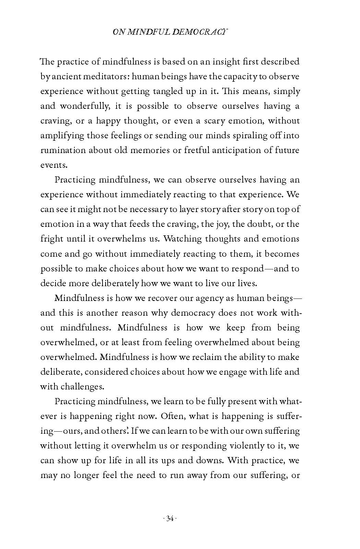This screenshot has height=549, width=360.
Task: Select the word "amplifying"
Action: (62, 136)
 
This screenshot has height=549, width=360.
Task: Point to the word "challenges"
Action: (82, 387)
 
